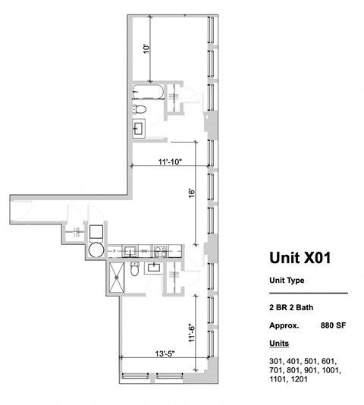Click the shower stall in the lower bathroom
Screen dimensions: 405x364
coord(118,273)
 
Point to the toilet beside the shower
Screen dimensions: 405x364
coord(134,269)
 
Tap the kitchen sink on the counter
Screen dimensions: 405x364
coord(130,250)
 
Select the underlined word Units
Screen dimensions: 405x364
coord(279,343)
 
